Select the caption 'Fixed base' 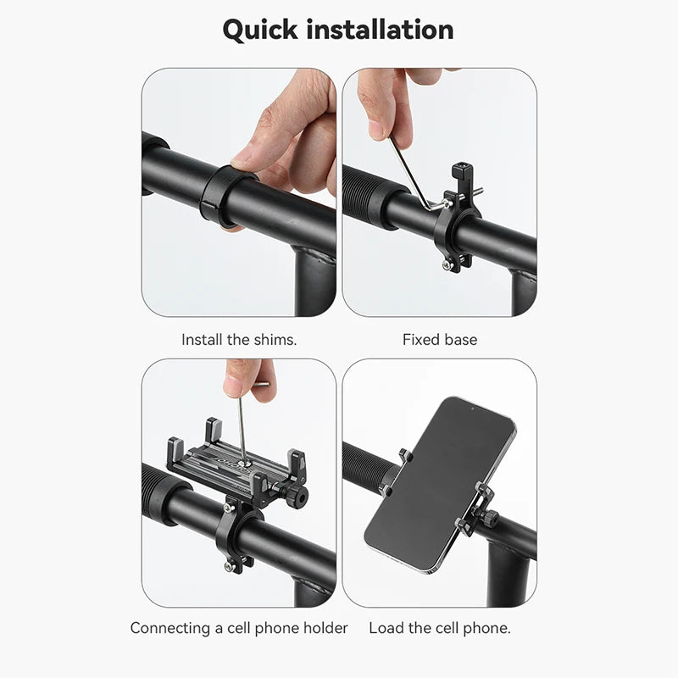[x=439, y=340]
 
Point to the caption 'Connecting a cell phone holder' [x=239, y=628]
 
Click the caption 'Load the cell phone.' [x=439, y=628]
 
